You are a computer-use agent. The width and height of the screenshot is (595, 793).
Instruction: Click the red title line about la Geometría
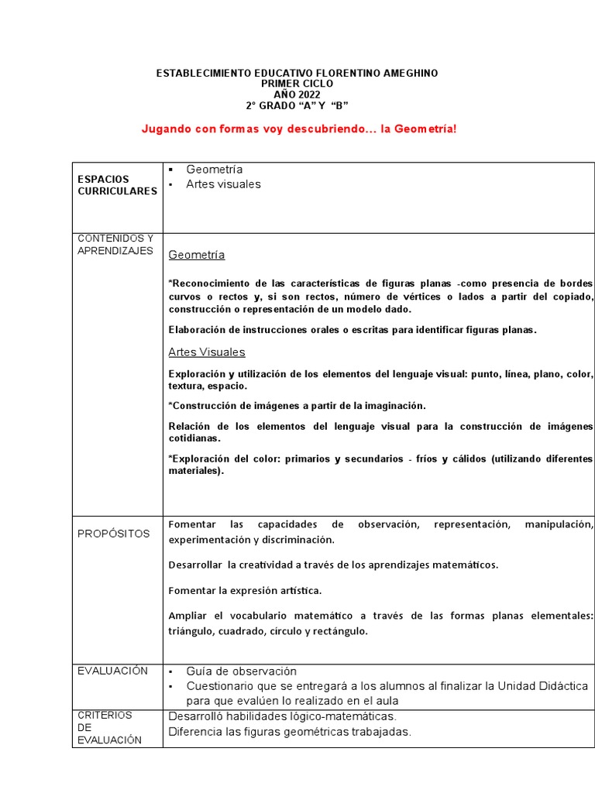299,129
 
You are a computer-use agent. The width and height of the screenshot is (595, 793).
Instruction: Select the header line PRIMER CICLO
297,84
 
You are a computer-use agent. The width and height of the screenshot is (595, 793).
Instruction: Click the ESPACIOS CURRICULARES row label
117,185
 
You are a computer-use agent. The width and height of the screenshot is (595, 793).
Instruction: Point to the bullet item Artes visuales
223,184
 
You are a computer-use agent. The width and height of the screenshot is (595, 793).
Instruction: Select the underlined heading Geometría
197,255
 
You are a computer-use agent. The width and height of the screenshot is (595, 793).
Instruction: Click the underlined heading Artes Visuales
207,352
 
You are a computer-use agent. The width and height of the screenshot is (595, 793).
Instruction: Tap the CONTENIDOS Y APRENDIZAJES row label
115,245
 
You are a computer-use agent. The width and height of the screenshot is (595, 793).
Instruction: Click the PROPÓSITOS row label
114,534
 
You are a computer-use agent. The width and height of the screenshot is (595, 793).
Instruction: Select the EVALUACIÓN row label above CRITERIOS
112,671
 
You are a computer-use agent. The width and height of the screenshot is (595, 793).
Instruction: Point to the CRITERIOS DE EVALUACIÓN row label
110,728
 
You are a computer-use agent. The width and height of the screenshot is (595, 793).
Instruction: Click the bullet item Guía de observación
241,671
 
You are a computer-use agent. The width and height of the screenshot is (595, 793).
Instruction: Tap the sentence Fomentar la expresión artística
245,591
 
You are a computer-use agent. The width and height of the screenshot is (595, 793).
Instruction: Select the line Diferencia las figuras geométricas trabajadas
290,732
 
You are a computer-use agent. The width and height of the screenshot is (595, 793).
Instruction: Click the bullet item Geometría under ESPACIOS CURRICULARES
215,170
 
